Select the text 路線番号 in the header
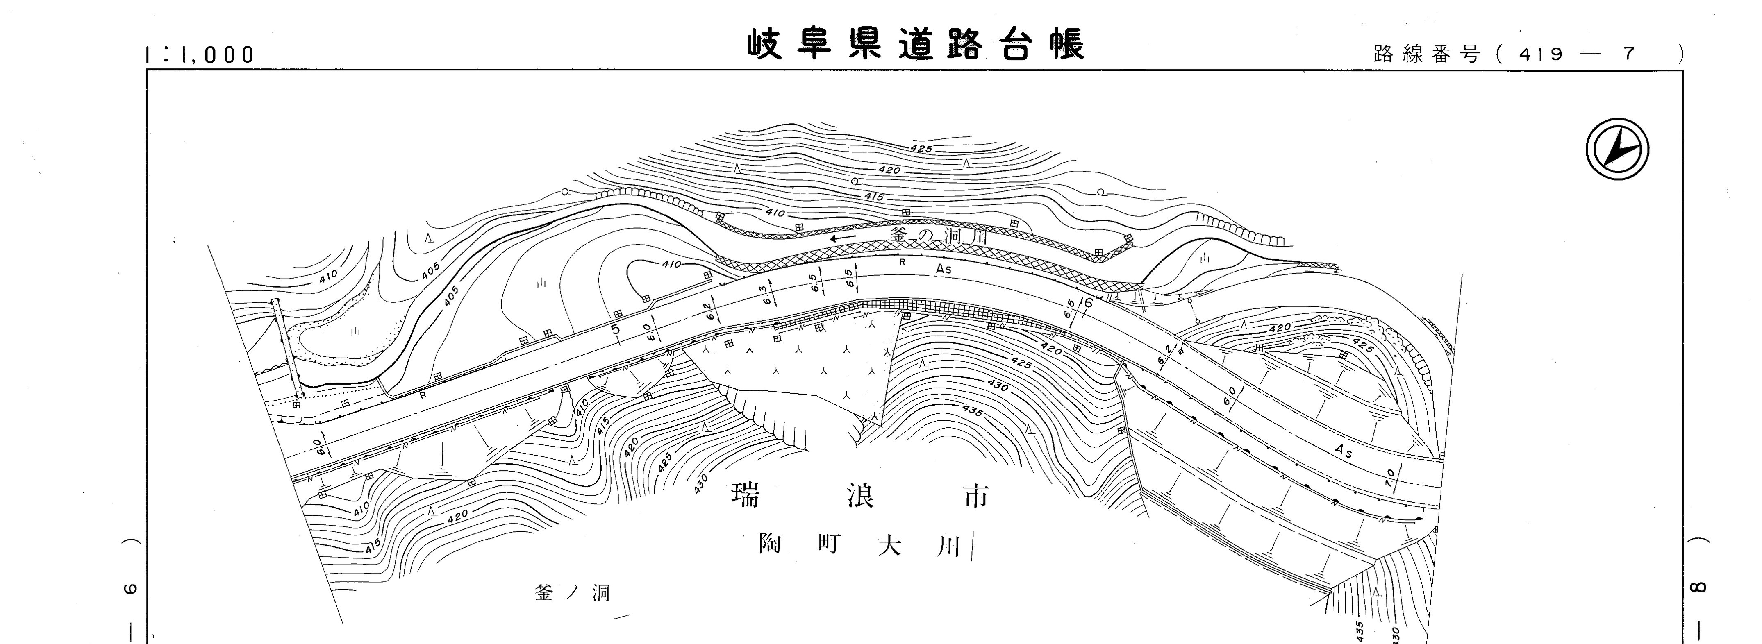tap(1427, 54)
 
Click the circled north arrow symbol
tap(1617, 149)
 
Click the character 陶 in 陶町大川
tap(770, 545)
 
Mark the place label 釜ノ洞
tap(572, 593)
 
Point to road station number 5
tap(616, 329)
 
